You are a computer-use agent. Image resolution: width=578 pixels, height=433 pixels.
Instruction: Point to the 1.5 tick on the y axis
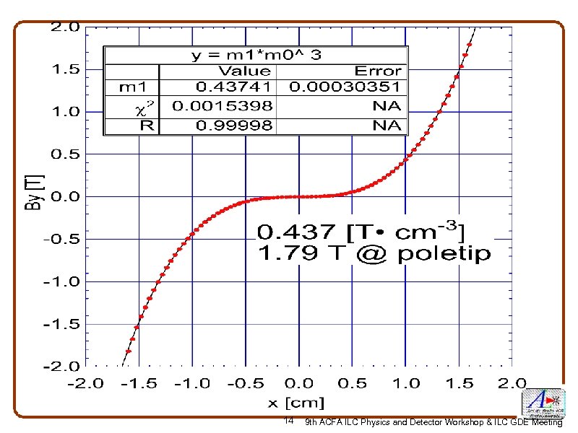(64, 70)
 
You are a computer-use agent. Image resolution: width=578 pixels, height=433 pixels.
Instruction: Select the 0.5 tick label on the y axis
(64, 154)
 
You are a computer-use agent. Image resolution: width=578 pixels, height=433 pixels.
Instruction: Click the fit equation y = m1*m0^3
(256, 55)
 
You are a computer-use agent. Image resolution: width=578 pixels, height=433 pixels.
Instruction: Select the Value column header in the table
(244, 71)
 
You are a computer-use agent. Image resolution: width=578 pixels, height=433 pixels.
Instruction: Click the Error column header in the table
(377, 71)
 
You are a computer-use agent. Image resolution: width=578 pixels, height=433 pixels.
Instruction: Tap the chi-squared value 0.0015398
(223, 106)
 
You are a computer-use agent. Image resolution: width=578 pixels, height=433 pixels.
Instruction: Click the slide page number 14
(288, 421)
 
